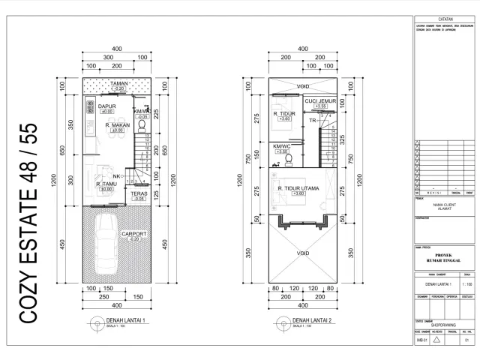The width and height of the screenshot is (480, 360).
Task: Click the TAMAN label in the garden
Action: pos(118,84)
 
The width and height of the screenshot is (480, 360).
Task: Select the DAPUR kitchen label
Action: pos(106,106)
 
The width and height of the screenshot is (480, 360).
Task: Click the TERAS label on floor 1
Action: pos(139,193)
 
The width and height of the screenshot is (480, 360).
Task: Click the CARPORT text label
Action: pos(134,233)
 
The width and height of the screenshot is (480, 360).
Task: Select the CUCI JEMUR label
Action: pos(319,101)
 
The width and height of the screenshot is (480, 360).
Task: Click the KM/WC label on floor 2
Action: pos(282,146)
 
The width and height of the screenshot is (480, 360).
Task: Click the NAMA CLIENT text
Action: pos(443,205)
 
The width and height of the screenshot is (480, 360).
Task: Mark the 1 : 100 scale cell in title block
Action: pos(465,285)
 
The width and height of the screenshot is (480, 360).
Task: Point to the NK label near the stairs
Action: pos(118,175)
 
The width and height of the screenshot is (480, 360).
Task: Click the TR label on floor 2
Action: pos(313,120)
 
